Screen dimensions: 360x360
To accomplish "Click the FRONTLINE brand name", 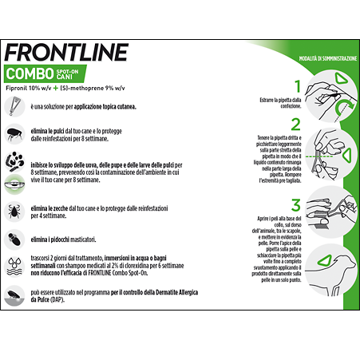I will pos(66,52).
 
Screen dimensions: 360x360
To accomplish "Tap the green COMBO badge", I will pos(37,73).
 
